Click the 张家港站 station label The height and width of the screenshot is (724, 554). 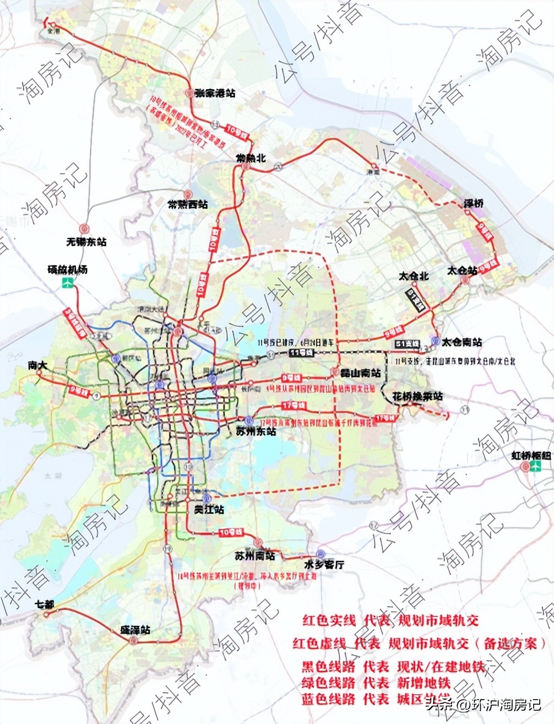click(214, 93)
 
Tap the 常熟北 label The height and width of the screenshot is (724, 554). click(251, 158)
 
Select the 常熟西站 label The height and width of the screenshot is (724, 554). click(188, 204)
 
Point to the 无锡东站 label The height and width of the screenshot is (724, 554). click(86, 241)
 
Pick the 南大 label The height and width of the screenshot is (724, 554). click(38, 365)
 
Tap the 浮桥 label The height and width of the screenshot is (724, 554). click(473, 204)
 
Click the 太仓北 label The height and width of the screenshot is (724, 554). click(414, 276)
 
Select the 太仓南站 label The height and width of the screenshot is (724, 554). click(461, 342)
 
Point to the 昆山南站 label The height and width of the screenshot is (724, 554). click(360, 373)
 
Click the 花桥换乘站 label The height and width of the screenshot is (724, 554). click(417, 396)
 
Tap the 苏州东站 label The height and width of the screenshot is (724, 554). click(256, 431)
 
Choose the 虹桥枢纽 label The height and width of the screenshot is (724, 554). click(531, 456)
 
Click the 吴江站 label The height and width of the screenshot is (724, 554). click(209, 510)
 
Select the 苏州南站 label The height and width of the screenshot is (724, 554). click(254, 556)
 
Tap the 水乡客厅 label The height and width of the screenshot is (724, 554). click(324, 564)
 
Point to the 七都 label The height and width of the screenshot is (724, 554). click(45, 604)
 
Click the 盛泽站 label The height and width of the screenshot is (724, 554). click(135, 630)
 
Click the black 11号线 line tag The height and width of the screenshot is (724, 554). click(302, 352)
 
